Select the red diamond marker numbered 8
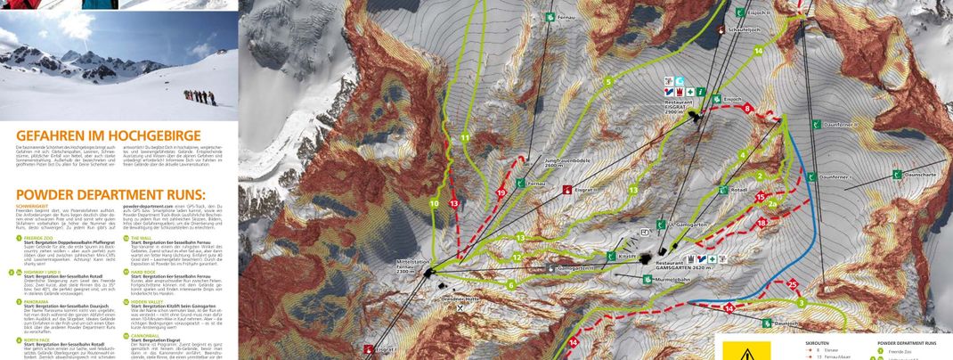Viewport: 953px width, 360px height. tap(747, 110)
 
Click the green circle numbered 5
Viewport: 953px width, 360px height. tap(608, 82)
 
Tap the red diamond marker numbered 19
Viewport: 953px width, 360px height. tap(501, 192)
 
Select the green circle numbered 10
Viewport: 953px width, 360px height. tap(435, 204)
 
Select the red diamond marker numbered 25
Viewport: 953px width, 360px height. tap(792, 284)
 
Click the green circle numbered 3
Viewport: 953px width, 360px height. tap(801, 303)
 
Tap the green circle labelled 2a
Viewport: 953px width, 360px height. tap(773, 204)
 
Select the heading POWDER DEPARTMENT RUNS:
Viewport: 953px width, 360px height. tap(110, 193)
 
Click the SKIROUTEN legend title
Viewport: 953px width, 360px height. tap(818, 342)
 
